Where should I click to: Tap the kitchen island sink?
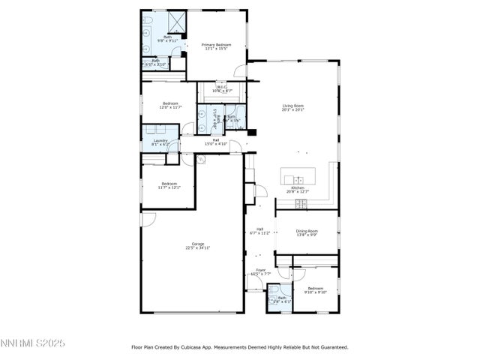[x=298, y=179]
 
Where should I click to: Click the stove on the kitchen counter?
[x=301, y=203]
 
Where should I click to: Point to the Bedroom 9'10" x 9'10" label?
[x=315, y=289]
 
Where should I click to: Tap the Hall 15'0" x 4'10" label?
[x=215, y=141]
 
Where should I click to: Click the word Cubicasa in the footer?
[x=198, y=347]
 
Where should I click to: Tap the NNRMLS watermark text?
[x=34, y=343]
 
